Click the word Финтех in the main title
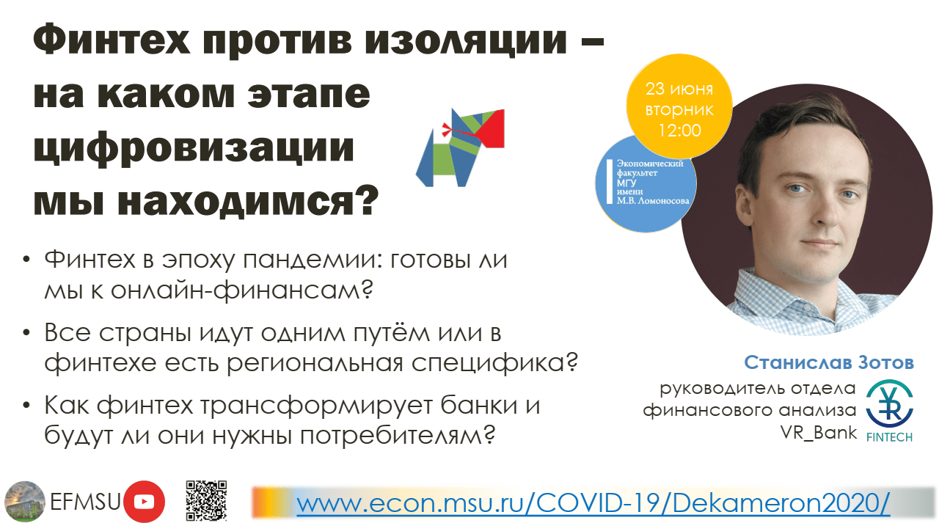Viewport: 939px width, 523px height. click(x=112, y=40)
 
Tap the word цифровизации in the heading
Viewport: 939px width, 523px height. click(x=194, y=149)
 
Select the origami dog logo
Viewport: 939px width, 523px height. click(x=460, y=147)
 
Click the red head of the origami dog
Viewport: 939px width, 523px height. click(x=491, y=128)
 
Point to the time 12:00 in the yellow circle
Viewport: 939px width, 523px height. click(x=679, y=131)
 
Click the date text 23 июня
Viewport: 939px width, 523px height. click(x=679, y=89)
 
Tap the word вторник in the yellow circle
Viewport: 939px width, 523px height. click(x=679, y=110)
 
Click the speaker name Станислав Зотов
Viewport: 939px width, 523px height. click(x=829, y=362)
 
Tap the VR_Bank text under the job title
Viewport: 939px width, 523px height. click(x=818, y=433)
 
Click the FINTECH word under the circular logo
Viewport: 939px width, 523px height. click(x=889, y=437)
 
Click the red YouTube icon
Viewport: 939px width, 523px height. click(x=145, y=501)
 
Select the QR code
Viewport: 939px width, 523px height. click(x=206, y=500)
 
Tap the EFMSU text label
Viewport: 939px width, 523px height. click(x=85, y=502)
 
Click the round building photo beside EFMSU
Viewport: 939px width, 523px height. click(x=25, y=502)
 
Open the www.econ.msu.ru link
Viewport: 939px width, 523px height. click(x=593, y=503)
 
